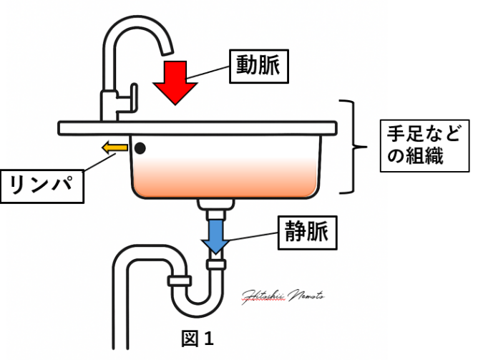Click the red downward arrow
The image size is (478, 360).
click(175, 81)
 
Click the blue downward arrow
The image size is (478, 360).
click(215, 237)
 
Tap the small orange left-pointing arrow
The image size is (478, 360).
click(114, 148)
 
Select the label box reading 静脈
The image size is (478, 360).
click(306, 233)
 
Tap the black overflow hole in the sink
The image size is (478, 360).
click(140, 148)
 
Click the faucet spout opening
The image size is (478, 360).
click(166, 51)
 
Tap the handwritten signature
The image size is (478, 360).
click(283, 293)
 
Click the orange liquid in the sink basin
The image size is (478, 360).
click(225, 179)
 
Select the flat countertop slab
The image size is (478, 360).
click(197, 127)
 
